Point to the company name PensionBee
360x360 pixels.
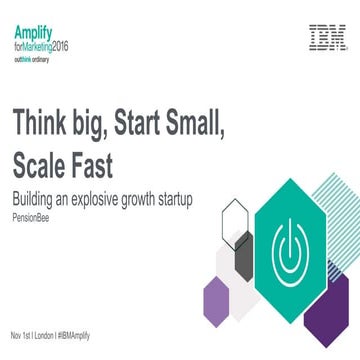31,212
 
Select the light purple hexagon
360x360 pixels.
216,299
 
